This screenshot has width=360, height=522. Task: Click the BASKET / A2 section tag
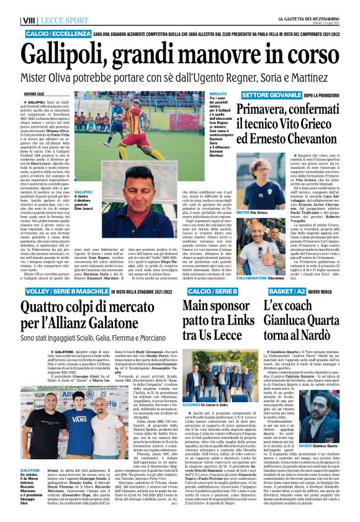(277, 290)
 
